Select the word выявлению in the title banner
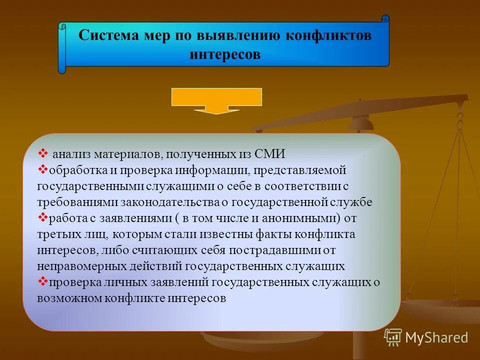click(237, 36)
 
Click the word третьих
click(57, 234)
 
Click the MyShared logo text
click(436, 337)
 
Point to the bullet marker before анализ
click(42, 152)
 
